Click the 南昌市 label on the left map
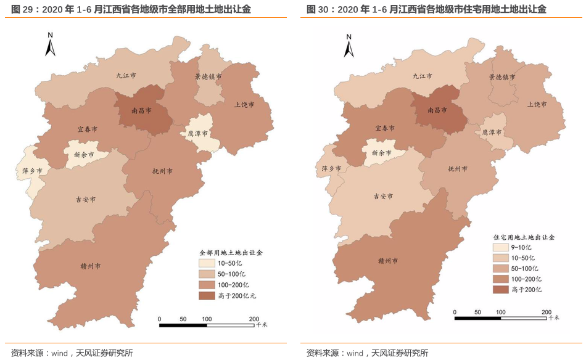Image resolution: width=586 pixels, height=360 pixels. (142, 112)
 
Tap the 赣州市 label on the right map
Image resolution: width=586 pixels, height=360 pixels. (388, 260)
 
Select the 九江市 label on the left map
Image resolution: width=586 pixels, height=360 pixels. (126, 75)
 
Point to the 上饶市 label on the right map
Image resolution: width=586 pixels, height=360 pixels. (537, 104)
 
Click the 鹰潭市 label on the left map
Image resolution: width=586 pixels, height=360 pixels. (197, 133)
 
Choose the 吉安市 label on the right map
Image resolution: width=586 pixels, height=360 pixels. (383, 196)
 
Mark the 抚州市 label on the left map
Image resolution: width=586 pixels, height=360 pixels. (162, 171)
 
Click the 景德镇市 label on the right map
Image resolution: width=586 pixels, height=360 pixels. (502, 78)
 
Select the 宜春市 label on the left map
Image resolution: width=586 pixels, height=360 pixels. (87, 129)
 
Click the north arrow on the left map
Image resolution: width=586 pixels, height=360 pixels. (51, 44)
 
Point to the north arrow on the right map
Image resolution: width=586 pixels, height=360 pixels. (349, 44)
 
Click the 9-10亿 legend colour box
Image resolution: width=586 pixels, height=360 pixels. (501, 247)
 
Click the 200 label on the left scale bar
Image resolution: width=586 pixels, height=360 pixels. (254, 319)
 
